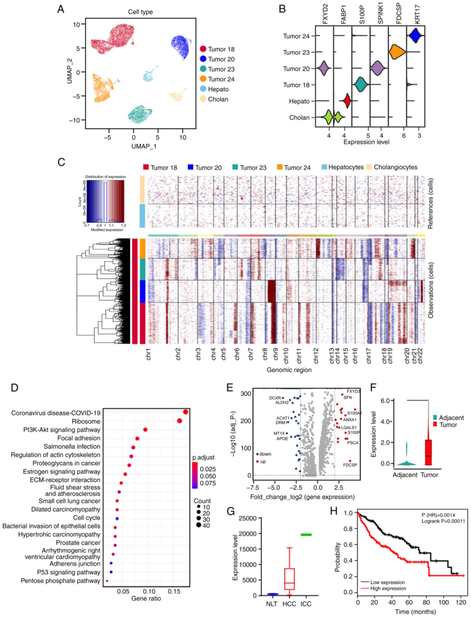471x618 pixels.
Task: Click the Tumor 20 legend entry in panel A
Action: pyautogui.click(x=217, y=59)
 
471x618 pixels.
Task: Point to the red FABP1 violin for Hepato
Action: pyautogui.click(x=347, y=101)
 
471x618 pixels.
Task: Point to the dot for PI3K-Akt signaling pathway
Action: pyautogui.click(x=145, y=430)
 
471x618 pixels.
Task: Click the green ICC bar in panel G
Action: pyautogui.click(x=306, y=535)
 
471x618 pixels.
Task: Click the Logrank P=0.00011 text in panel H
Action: pyautogui.click(x=443, y=521)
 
